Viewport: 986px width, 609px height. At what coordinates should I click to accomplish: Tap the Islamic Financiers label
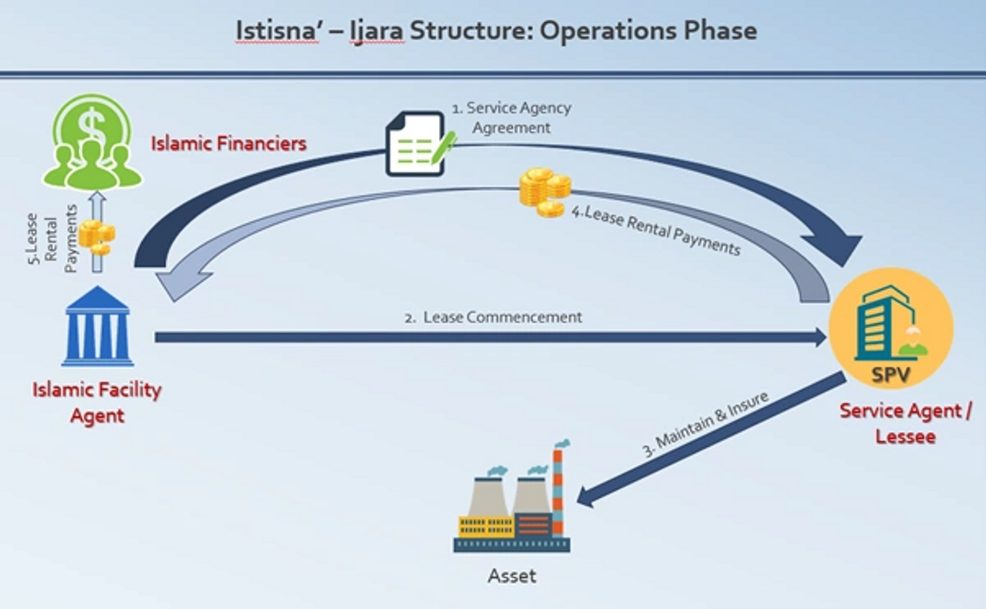[x=229, y=144]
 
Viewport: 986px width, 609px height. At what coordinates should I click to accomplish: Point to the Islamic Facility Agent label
[x=97, y=402]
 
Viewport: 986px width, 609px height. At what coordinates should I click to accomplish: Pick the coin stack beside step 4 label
[x=545, y=192]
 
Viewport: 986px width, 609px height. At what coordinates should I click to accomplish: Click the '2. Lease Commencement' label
[x=493, y=317]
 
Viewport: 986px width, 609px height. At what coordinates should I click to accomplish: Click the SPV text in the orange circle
[x=890, y=374]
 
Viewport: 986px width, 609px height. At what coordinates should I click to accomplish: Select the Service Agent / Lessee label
[x=905, y=423]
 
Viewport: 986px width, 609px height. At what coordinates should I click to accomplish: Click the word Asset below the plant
[x=511, y=575]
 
